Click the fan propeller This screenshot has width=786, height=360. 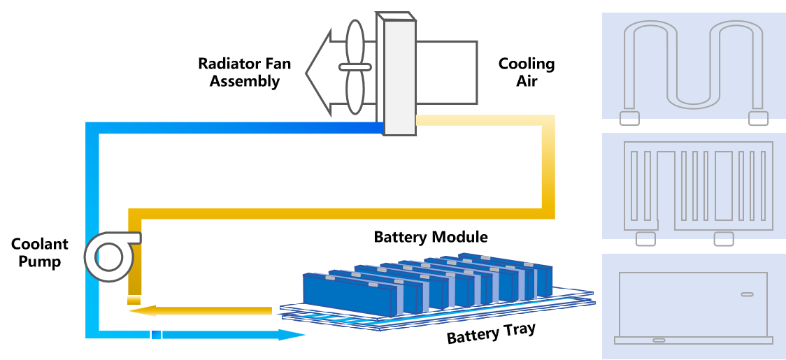click(355, 67)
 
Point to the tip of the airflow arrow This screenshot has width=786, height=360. click(308, 73)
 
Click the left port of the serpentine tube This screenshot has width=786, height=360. click(629, 118)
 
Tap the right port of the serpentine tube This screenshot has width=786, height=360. click(758, 118)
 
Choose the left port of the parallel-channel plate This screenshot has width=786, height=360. click(645, 239)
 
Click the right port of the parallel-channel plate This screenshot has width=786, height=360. click(724, 239)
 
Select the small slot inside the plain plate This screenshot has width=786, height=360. click(747, 294)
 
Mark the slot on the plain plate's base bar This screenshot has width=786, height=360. click(659, 340)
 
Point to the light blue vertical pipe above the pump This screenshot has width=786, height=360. click(92, 182)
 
